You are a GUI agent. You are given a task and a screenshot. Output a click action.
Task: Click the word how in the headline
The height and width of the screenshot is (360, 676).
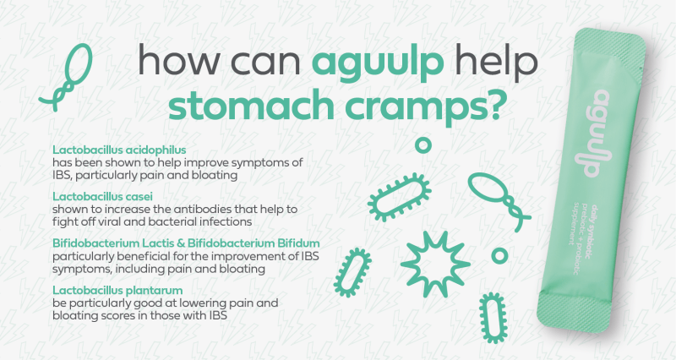(x=170, y=63)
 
